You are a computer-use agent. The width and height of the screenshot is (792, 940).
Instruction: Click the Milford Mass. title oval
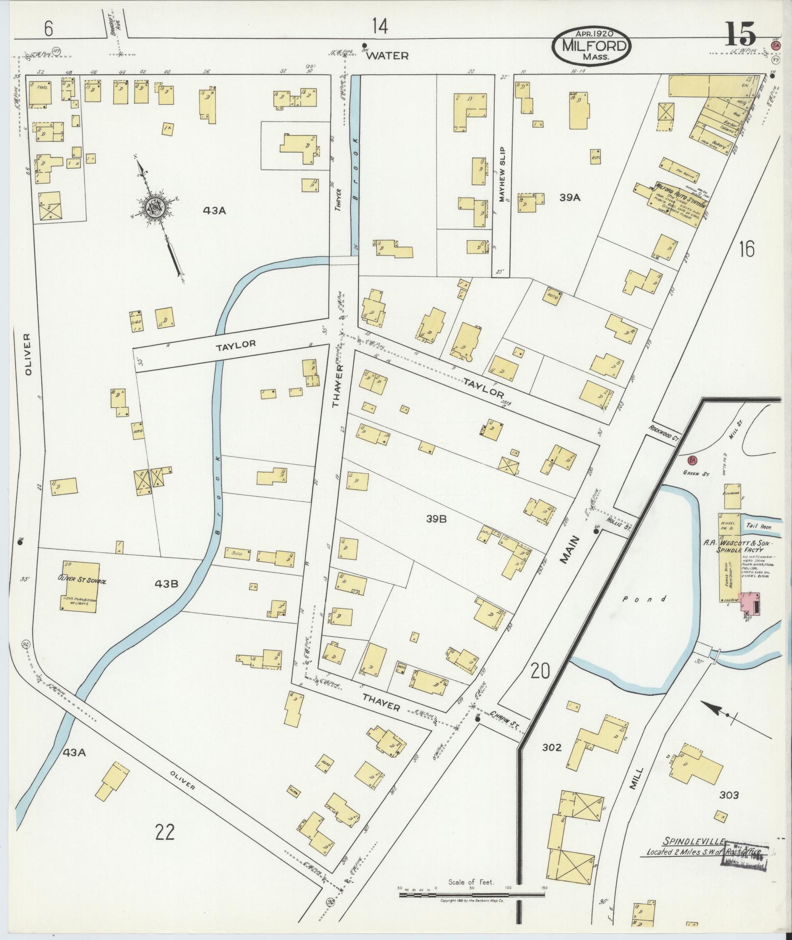[591, 45]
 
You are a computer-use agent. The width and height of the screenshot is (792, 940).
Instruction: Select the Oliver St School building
[79, 586]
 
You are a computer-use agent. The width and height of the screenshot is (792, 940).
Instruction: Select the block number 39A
[570, 198]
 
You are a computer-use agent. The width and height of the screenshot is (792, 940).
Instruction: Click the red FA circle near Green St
[692, 460]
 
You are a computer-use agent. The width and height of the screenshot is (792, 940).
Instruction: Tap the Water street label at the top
[387, 56]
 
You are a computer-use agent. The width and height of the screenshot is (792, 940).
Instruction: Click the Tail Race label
[758, 526]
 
